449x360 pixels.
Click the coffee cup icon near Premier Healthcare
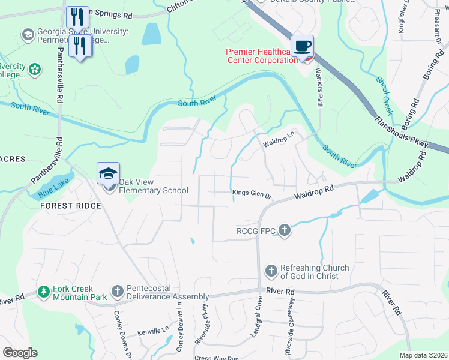302,46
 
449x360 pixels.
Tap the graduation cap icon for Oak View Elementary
109,174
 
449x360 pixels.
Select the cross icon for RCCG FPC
285,230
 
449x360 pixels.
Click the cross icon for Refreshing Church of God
271,271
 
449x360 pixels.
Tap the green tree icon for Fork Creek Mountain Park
43,292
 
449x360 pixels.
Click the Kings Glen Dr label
252,193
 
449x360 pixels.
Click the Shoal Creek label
384,95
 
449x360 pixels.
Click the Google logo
20,353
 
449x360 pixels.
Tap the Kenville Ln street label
154,331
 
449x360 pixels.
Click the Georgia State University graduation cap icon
28,35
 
